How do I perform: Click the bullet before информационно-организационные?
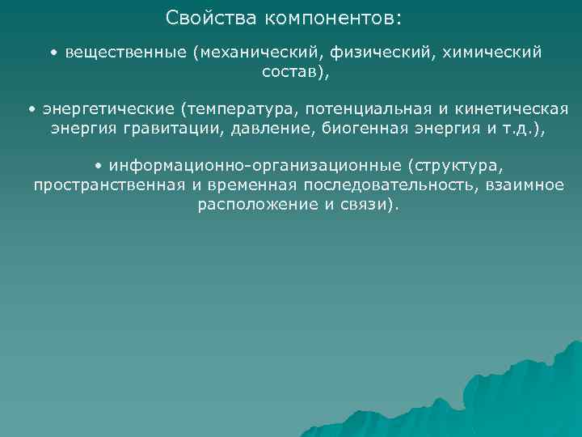coord(98,166)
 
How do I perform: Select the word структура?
coord(456,166)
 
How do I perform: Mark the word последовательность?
coord(401,185)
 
